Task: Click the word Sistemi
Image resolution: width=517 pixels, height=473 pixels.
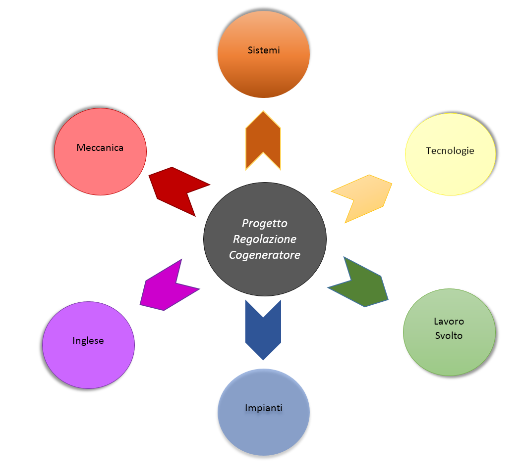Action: point(264,50)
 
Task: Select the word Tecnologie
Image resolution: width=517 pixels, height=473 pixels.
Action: point(450,150)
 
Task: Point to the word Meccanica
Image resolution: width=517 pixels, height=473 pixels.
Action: point(100,147)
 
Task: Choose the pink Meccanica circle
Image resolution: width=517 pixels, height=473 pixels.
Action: point(100,171)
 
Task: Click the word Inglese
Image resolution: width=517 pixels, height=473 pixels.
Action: point(88,340)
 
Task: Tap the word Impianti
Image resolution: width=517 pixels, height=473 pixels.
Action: point(263,408)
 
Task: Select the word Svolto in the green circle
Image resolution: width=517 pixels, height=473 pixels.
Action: point(449,335)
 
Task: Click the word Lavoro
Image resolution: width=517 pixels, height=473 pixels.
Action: point(449,322)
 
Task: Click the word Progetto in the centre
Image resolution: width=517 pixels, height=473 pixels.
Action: point(264,224)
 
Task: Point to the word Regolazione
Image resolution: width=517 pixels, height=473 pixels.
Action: point(265,239)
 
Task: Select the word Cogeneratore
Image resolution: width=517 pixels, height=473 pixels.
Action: point(265,255)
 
